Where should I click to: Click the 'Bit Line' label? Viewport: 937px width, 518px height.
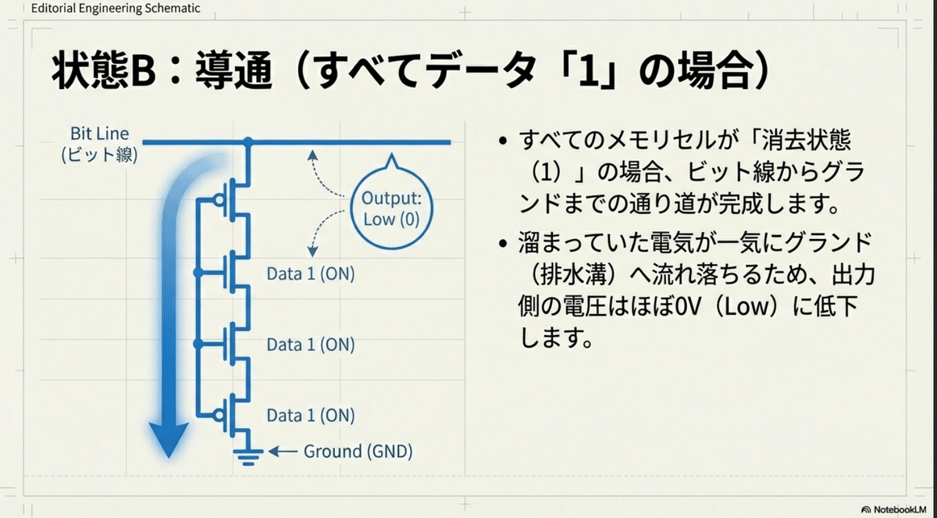point(100,134)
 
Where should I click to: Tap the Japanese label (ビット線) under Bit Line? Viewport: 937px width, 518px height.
point(100,155)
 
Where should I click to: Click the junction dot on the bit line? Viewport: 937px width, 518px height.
point(248,142)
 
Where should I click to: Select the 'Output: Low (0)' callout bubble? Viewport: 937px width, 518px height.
point(391,205)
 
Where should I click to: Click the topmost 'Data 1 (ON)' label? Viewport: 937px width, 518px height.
point(311,273)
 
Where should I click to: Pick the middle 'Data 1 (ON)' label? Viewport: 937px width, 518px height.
point(311,345)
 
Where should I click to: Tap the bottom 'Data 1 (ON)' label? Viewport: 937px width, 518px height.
point(311,415)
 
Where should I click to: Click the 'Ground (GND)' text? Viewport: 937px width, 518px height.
point(358,451)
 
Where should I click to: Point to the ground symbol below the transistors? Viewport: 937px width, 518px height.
point(248,457)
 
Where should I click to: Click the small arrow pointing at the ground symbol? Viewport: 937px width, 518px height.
point(283,452)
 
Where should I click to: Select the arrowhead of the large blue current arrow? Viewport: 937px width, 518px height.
point(169,440)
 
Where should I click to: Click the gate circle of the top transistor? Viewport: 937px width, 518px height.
point(219,200)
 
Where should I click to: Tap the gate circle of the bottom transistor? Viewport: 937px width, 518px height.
point(219,415)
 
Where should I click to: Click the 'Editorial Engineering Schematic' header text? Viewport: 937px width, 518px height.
point(116,9)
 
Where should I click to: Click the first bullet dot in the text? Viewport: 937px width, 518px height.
point(503,140)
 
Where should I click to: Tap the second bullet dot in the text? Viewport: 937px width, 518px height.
point(503,243)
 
